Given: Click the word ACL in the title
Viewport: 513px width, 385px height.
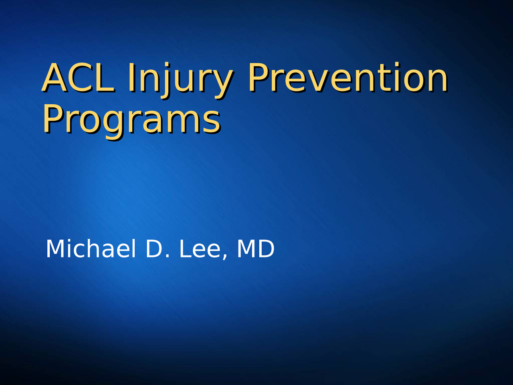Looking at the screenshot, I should tap(78, 78).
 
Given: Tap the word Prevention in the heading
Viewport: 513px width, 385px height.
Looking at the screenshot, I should tap(347, 78).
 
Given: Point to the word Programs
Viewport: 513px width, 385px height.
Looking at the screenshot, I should tap(131, 120).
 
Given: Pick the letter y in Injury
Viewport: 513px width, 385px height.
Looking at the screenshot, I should tap(222, 82).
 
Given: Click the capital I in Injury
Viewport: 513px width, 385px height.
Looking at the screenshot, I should tap(131, 78).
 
